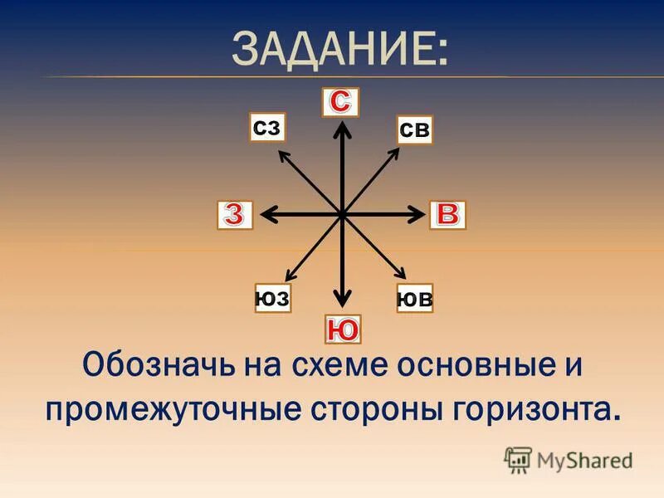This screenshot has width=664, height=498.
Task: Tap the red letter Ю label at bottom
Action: click(x=341, y=330)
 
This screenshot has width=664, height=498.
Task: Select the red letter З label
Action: click(x=233, y=214)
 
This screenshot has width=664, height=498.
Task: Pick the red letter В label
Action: click(x=447, y=214)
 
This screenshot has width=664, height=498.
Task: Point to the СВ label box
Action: click(x=414, y=129)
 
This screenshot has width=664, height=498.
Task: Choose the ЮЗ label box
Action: click(x=273, y=297)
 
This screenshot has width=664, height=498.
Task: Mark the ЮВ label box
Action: click(x=414, y=298)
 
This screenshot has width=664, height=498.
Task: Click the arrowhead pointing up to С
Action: click(x=341, y=126)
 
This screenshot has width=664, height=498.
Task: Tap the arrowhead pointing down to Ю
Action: click(x=341, y=303)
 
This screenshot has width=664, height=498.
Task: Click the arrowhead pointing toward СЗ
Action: click(x=282, y=154)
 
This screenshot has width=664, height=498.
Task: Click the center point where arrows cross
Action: click(x=341, y=214)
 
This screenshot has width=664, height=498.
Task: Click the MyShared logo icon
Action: click(x=518, y=460)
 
